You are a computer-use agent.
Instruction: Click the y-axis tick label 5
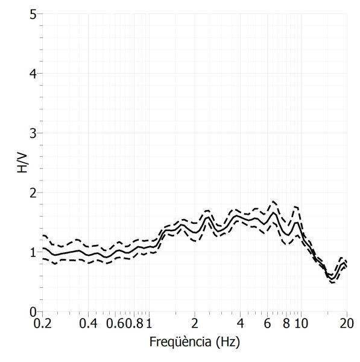(x=33, y=14)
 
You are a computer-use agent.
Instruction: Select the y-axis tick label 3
(x=33, y=133)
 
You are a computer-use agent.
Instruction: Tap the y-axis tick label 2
(x=33, y=193)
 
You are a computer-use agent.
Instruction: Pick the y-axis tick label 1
(x=33, y=253)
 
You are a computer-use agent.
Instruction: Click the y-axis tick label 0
(x=33, y=312)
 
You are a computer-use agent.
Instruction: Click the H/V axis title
(x=22, y=162)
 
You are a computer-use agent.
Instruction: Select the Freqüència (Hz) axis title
(x=195, y=342)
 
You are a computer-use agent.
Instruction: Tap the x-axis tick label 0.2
(x=43, y=323)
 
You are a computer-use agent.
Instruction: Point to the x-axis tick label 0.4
(x=89, y=323)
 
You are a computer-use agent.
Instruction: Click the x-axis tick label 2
(x=195, y=323)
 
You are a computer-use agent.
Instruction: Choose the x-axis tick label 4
(x=240, y=323)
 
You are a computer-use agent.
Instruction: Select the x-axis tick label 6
(x=267, y=323)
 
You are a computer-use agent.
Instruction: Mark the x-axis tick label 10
(x=301, y=323)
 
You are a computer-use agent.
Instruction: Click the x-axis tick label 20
(x=347, y=323)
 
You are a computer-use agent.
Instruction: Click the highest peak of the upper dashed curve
(x=273, y=202)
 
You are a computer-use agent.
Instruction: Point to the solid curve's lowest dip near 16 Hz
(x=332, y=279)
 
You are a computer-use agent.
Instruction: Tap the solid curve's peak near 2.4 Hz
(x=208, y=217)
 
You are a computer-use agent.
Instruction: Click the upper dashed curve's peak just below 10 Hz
(x=296, y=206)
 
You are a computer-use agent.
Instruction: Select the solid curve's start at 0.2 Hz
(x=43, y=248)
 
